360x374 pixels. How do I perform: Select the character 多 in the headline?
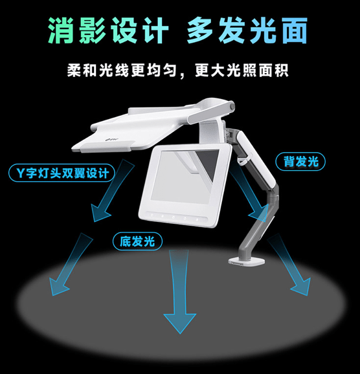click(200, 30)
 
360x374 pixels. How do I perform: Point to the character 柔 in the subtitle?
click(74, 70)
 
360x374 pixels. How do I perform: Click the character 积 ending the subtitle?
click(282, 70)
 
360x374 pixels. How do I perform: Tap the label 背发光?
click(300, 162)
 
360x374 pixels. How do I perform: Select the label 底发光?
click(137, 241)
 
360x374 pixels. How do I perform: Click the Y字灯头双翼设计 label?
click(62, 173)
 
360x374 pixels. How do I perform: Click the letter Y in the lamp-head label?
click(21, 173)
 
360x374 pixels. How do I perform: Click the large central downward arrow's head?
click(180, 323)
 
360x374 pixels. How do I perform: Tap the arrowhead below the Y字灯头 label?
click(99, 213)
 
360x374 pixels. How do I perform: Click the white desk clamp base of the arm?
click(247, 261)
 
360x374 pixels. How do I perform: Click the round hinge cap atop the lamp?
click(231, 105)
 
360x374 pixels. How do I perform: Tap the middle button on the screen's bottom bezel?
click(174, 217)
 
